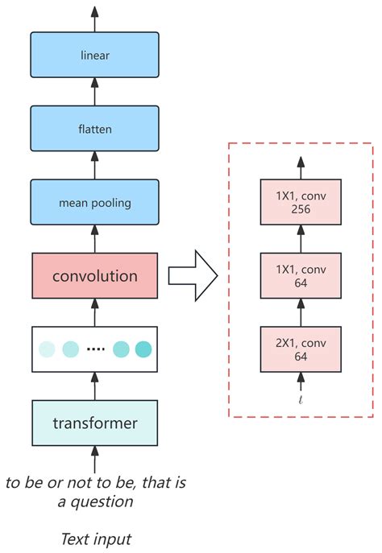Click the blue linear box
pyautogui.click(x=95, y=56)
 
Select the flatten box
pyautogui.click(x=95, y=130)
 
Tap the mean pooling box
pyautogui.click(x=95, y=203)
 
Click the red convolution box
pyautogui.click(x=95, y=276)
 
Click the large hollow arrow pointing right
pyautogui.click(x=193, y=276)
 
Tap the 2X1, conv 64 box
pyautogui.click(x=301, y=349)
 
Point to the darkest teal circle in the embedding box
pyautogui.click(x=143, y=349)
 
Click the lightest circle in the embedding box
pyautogui.click(x=48, y=349)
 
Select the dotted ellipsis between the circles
pyautogui.click(x=96, y=349)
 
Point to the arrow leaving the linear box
pyautogui.click(x=95, y=18)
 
